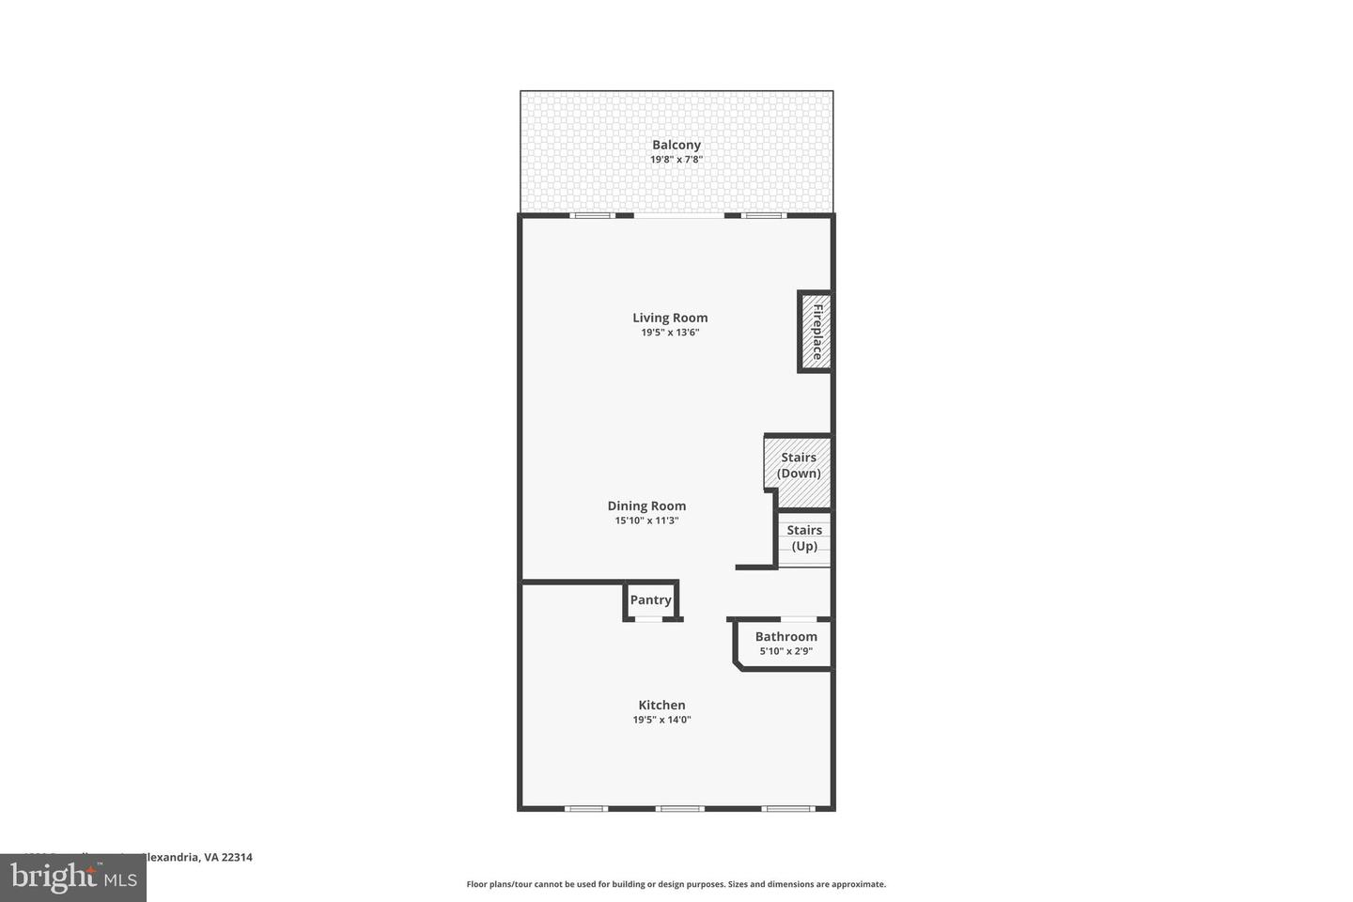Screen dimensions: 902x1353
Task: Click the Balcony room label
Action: pyautogui.click(x=676, y=145)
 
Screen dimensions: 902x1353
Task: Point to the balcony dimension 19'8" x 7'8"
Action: pyautogui.click(x=676, y=160)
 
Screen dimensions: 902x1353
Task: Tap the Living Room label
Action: pyautogui.click(x=670, y=318)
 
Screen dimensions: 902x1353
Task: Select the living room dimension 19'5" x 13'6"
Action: pyautogui.click(x=670, y=333)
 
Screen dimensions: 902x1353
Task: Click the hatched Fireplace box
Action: pyautogui.click(x=816, y=332)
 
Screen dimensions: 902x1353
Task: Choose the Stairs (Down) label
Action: pyautogui.click(x=799, y=465)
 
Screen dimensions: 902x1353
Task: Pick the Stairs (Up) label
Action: pyautogui.click(x=804, y=538)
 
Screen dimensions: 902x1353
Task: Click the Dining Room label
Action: pyautogui.click(x=646, y=505)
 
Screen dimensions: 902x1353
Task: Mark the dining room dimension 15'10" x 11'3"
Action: pyautogui.click(x=646, y=521)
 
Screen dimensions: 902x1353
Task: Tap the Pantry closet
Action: pyautogui.click(x=650, y=600)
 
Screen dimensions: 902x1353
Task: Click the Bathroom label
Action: pyautogui.click(x=786, y=636)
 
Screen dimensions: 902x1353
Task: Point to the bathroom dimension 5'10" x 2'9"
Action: pyautogui.click(x=786, y=651)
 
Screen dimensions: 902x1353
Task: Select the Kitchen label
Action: pyautogui.click(x=661, y=705)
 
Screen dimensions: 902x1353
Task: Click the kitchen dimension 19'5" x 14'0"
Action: pyautogui.click(x=661, y=720)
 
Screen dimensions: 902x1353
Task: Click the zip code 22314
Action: pyautogui.click(x=237, y=857)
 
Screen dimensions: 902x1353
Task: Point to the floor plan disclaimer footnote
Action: pyautogui.click(x=676, y=884)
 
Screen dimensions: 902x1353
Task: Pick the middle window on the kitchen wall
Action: pyautogui.click(x=679, y=808)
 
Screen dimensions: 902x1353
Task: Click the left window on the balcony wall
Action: pyautogui.click(x=592, y=216)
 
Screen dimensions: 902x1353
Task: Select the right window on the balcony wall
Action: pyautogui.click(x=762, y=216)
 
